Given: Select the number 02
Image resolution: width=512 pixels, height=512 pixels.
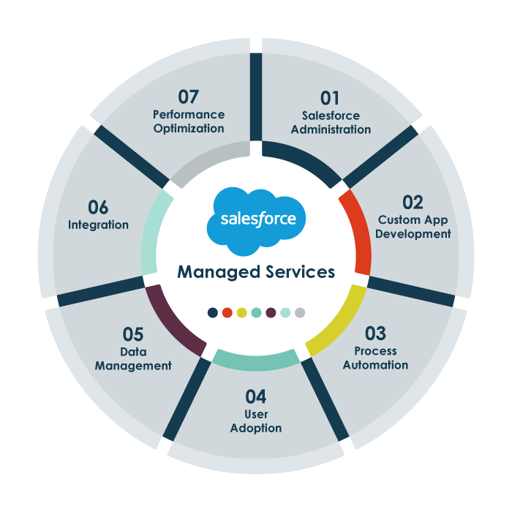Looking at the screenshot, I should coord(413,202).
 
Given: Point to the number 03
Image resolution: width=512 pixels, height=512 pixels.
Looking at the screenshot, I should coord(375,334).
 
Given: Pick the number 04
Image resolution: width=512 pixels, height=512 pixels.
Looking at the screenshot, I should coord(256,396).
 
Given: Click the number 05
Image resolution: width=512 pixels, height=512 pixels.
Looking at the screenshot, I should coord(133,334).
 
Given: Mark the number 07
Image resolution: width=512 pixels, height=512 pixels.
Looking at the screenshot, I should coord(189,97).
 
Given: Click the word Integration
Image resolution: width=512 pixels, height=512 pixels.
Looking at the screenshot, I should coord(98,225).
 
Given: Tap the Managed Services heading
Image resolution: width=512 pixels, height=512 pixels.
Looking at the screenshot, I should coord(256,272).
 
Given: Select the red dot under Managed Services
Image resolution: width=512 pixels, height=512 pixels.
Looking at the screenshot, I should coord(227,312).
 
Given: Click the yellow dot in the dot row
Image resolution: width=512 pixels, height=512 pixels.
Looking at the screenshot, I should coord(241,312).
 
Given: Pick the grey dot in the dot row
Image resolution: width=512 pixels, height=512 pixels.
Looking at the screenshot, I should coord(300,312).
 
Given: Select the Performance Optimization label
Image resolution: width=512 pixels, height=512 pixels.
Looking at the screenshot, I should coord(189,121).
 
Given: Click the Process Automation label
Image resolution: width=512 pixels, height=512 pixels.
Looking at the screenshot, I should coord(375,358).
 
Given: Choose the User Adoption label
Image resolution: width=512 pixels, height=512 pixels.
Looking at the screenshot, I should coord(256,421).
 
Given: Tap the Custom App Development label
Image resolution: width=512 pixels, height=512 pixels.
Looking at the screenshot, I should coord(414,227).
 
